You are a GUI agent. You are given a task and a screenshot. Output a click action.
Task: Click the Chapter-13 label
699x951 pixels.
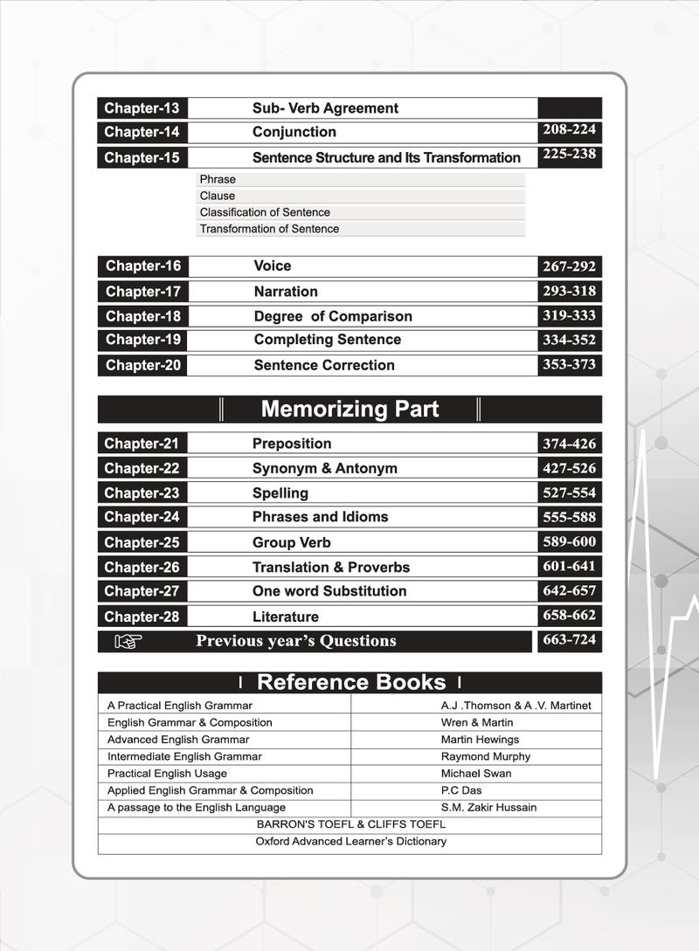[142, 108]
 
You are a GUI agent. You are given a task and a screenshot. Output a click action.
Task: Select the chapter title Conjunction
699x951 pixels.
[294, 132]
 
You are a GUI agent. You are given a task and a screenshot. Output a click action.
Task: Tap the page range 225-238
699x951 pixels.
[569, 154]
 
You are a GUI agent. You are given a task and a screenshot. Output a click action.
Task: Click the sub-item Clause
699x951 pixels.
[218, 196]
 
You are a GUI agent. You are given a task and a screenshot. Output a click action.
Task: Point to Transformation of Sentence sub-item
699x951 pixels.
[269, 229]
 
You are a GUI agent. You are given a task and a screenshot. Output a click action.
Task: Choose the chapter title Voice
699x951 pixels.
[273, 265]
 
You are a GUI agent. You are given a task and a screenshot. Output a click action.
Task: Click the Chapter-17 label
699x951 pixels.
[143, 292]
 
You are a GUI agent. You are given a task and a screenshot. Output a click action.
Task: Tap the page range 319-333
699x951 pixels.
[569, 315]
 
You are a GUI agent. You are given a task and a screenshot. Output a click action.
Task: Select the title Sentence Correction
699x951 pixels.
[324, 365]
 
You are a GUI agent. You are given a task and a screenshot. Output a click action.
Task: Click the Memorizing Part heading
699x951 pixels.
[349, 409]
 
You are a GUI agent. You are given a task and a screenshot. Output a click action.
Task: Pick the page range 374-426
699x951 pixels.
[569, 444]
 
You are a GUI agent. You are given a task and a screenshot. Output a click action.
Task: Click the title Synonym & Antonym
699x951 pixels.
[325, 468]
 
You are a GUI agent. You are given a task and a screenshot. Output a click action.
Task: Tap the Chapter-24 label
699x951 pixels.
[142, 517]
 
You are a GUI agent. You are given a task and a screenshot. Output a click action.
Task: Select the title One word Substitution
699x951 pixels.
[329, 591]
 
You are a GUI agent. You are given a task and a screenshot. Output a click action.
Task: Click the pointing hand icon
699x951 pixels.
[128, 642]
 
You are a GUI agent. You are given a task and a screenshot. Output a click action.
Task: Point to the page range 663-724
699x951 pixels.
[569, 640]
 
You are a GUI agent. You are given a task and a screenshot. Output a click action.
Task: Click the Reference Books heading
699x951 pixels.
[350, 682]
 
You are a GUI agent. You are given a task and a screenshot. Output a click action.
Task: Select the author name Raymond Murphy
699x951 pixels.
[486, 756]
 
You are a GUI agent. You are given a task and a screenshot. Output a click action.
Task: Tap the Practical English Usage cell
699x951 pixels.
[167, 774]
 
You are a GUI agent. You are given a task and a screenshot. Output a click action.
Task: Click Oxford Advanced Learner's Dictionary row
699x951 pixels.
[350, 842]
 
